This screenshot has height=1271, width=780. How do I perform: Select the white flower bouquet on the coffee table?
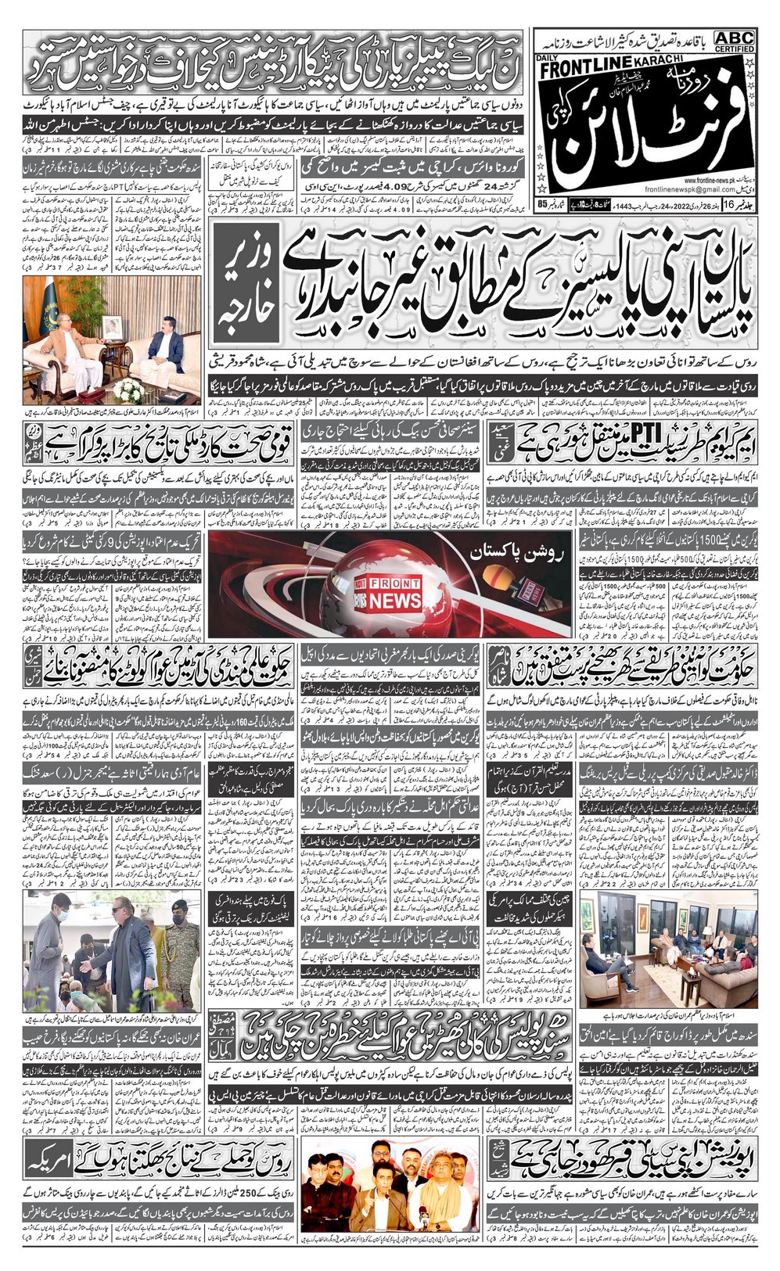128,389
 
